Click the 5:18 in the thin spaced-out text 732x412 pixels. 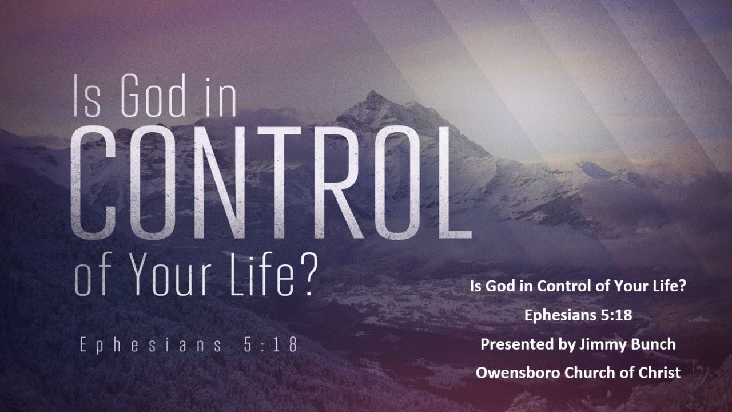click(267, 346)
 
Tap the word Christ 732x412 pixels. click(660, 373)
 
